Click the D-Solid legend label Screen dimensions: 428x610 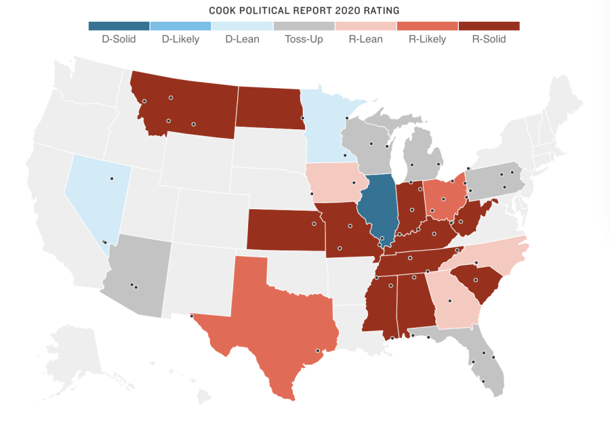click(119, 39)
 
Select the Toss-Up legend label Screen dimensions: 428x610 click(304, 39)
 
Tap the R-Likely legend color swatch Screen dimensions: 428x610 click(427, 26)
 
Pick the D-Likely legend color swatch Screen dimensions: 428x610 click(180, 26)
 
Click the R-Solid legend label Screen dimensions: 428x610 click(489, 39)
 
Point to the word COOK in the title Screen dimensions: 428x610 click(224, 11)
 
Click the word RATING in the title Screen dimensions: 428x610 click(380, 11)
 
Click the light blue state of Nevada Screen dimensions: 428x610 click(95, 193)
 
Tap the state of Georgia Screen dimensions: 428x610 click(455, 301)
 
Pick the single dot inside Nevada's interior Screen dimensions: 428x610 click(112, 179)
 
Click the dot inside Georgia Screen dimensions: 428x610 click(449, 301)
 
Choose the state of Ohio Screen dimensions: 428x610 click(444, 198)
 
